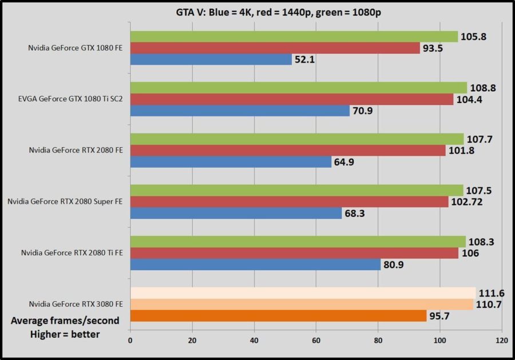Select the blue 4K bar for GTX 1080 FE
pyautogui.click(x=211, y=60)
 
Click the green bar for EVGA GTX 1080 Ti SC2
pyautogui.click(x=299, y=88)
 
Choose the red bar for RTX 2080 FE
pyautogui.click(x=288, y=151)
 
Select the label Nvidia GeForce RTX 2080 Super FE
pyautogui.click(x=65, y=201)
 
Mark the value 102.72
pyautogui.click(x=469, y=201)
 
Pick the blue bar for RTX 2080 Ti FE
pyautogui.click(x=255, y=264)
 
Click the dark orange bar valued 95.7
pyautogui.click(x=278, y=316)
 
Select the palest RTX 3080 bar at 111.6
pyautogui.click(x=303, y=292)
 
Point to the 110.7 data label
pyautogui.click(x=489, y=304)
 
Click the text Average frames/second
pyautogui.click(x=65, y=321)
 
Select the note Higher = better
pyautogui.click(x=65, y=334)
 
